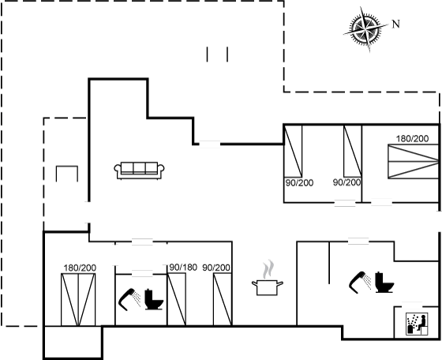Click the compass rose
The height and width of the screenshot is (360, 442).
(x=365, y=28)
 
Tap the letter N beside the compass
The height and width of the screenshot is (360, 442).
(x=396, y=24)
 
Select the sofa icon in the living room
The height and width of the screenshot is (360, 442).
(x=139, y=171)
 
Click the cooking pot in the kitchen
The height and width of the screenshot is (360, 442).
(x=268, y=287)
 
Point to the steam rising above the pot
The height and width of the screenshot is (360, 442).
(x=268, y=269)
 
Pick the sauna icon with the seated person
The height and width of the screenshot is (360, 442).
(x=417, y=324)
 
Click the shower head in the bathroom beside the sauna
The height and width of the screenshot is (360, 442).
(x=360, y=282)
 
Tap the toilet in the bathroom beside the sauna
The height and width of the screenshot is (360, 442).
(x=384, y=282)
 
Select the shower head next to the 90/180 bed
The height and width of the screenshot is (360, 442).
(x=129, y=299)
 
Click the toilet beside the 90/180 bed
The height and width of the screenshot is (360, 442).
(x=154, y=299)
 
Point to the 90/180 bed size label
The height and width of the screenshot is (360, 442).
(x=183, y=268)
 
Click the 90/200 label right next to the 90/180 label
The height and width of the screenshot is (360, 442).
(x=216, y=268)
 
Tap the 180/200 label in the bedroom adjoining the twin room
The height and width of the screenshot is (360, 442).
(x=412, y=139)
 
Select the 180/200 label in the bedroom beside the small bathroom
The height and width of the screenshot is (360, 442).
(x=80, y=268)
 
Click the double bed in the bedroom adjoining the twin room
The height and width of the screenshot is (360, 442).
(x=414, y=161)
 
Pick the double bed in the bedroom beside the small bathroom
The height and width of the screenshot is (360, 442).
(x=78, y=299)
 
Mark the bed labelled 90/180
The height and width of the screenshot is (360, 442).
(x=177, y=299)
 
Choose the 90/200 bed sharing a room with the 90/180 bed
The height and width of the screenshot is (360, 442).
(x=223, y=299)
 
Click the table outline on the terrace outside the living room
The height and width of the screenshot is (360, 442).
(x=67, y=174)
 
